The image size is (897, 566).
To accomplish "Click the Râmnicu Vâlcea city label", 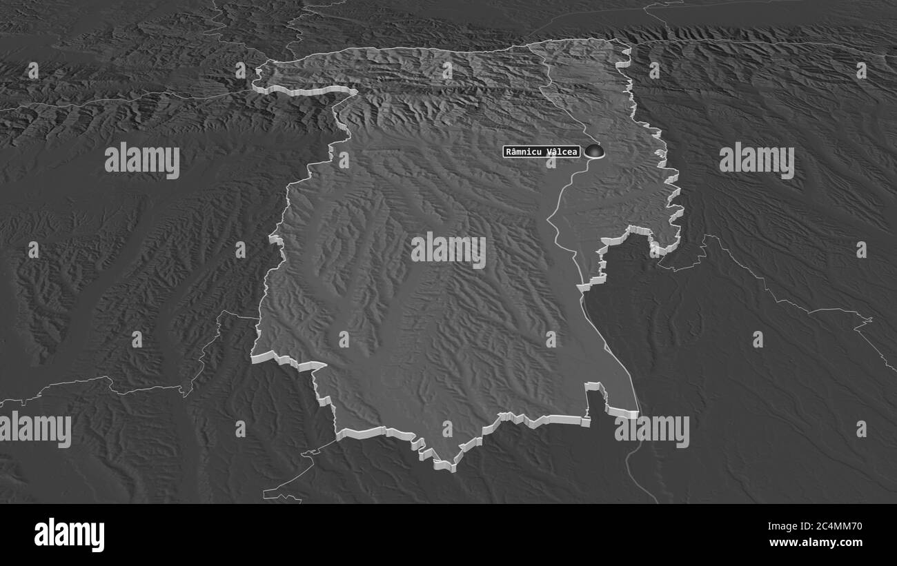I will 542,152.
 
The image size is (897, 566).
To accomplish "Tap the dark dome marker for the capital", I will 593,151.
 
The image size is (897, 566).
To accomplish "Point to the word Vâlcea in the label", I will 560,152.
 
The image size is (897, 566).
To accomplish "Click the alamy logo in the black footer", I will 69,535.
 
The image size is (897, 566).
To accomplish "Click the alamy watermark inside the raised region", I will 448,250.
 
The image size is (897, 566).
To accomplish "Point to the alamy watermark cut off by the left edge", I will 34,429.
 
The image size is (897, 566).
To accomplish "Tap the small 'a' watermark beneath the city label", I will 551,163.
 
